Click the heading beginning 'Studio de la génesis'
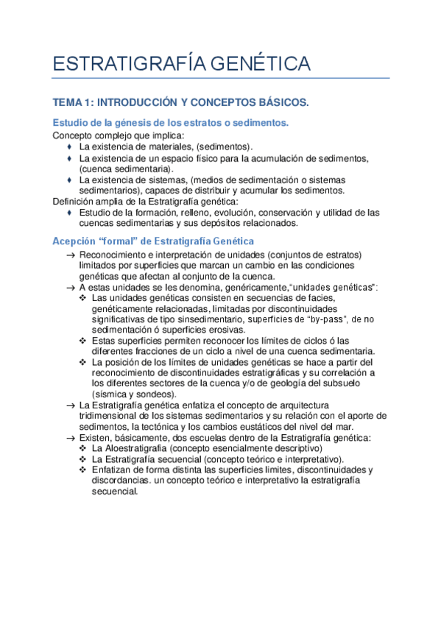pos(171,122)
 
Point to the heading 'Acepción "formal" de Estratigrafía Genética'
pos(153,241)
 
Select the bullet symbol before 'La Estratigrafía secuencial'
pos(83,459)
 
